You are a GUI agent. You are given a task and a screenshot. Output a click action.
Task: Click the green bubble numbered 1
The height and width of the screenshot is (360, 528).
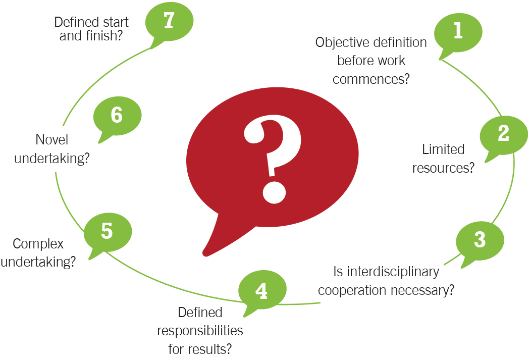click(x=458, y=33)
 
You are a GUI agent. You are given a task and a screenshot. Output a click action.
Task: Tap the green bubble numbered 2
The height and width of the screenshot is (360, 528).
click(x=504, y=135)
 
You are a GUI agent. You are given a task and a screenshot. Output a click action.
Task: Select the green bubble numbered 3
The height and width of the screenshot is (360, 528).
click(x=480, y=241)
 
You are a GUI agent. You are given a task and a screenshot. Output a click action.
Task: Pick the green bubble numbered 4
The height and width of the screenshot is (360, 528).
click(x=262, y=290)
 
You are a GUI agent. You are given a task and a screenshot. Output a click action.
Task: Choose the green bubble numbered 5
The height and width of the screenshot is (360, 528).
click(x=108, y=232)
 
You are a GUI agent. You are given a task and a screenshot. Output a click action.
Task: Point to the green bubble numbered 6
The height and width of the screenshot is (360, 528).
click(x=117, y=116)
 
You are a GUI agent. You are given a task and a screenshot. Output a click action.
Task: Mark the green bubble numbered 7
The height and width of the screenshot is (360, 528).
click(x=169, y=22)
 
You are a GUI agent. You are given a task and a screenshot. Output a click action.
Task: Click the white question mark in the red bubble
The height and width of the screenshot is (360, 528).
click(x=273, y=159)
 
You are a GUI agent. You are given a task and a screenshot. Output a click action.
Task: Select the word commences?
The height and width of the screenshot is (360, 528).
click(x=371, y=79)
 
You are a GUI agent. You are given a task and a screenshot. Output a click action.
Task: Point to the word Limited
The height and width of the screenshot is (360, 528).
click(x=443, y=149)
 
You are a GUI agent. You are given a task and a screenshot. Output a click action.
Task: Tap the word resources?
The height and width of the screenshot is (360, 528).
click(x=443, y=168)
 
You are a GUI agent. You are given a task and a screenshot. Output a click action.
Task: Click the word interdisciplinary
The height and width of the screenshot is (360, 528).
click(x=393, y=272)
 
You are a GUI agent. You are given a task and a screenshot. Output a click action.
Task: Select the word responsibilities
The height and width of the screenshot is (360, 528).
click(x=200, y=331)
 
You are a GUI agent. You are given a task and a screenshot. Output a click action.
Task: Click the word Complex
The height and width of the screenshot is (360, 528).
click(x=38, y=244)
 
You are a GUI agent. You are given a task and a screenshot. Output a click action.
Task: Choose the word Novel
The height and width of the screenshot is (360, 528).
click(x=52, y=140)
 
